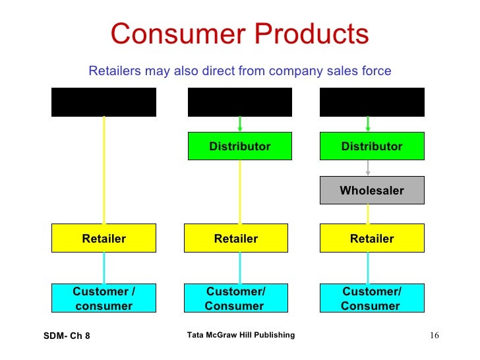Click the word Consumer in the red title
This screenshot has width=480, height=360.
[173, 34]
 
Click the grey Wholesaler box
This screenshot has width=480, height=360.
[372, 191]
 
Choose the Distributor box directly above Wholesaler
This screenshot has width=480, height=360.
[372, 146]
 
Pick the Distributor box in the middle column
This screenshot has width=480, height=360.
[240, 146]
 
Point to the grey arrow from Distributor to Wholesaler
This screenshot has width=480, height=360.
[368, 169]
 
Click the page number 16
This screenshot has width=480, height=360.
[434, 336]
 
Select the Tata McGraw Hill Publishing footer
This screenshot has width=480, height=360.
[241, 336]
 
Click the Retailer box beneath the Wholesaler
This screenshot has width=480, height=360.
[372, 239]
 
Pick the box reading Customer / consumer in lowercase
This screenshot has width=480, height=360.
[104, 299]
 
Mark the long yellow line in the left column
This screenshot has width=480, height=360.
[104, 170]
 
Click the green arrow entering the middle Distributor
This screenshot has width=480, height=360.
[240, 124]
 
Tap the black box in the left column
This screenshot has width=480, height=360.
[104, 102]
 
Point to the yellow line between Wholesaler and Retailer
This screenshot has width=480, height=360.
[368, 214]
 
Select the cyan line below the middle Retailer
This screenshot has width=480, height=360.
[240, 268]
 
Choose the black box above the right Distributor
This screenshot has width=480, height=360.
[372, 102]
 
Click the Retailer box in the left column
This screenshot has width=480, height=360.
[104, 239]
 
